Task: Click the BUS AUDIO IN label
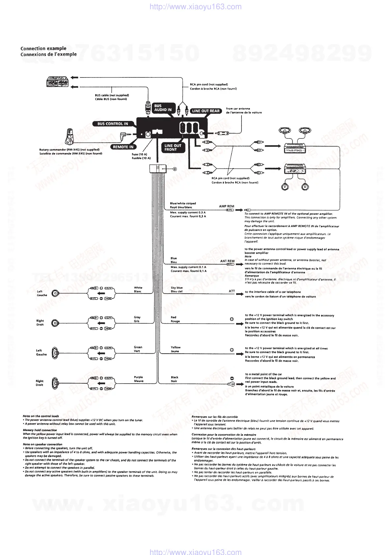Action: (x=163, y=108)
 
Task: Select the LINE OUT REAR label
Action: (x=206, y=111)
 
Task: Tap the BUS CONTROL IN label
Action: (x=112, y=124)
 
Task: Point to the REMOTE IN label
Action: (x=123, y=147)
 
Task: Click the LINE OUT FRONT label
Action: (x=173, y=147)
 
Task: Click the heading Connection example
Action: (x=43, y=48)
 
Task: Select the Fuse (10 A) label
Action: (x=139, y=154)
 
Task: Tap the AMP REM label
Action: (x=227, y=206)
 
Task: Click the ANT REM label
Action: (x=227, y=261)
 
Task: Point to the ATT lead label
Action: (x=232, y=291)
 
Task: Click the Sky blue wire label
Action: (x=177, y=288)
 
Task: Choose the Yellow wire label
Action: (x=176, y=347)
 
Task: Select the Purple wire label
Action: (x=138, y=377)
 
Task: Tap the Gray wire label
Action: (x=137, y=317)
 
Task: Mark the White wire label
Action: (x=138, y=288)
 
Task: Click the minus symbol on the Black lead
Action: (x=232, y=379)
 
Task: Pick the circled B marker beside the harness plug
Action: (x=175, y=169)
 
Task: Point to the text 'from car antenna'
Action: (x=238, y=108)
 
